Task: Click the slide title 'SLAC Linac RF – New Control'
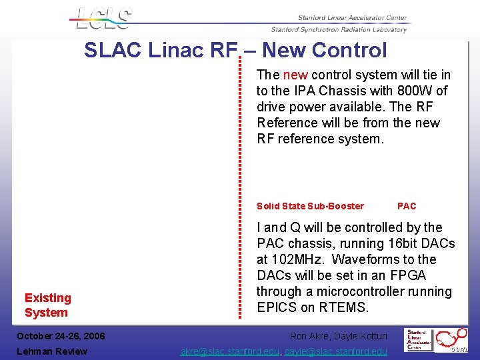235,50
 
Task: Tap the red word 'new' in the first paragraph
295,75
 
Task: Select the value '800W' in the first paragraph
414,91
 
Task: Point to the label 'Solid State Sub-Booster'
310,206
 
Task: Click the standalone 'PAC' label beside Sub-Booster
407,206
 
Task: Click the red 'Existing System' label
47,305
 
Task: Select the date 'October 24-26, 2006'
61,336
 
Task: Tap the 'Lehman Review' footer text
51,351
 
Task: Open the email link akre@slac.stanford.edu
231,351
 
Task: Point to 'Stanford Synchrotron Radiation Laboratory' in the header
339,29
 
